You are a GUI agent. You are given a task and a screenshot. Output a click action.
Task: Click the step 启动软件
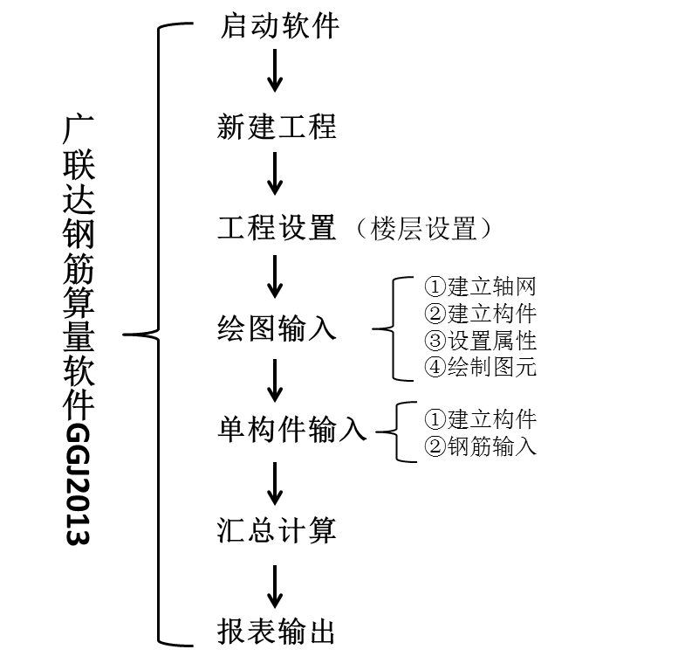point(277,26)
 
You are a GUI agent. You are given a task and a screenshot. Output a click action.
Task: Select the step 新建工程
point(277,128)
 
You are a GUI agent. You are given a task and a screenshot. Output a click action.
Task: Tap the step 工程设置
point(277,229)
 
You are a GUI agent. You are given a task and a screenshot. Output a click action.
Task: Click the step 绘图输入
point(277,329)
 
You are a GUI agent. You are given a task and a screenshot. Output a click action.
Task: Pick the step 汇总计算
point(277,531)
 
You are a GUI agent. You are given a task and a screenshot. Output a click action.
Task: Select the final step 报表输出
point(277,632)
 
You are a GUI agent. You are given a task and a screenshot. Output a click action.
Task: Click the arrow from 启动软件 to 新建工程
point(276,72)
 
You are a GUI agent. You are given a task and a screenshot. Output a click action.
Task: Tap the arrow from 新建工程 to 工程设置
point(276,173)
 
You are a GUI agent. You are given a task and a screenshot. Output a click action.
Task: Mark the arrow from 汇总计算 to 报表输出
point(276,586)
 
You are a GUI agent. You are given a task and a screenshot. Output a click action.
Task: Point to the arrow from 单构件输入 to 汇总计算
point(276,485)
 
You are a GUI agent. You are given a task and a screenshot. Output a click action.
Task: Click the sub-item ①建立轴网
point(480,287)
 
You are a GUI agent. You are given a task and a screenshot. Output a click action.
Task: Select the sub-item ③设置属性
point(480,340)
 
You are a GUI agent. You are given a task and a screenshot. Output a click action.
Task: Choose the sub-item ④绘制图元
point(480,366)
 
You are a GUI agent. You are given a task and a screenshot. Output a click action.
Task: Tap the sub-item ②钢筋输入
point(480,446)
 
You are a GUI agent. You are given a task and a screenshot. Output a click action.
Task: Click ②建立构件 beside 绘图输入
point(480,313)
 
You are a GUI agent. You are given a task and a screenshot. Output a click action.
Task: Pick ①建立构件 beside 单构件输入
point(480,419)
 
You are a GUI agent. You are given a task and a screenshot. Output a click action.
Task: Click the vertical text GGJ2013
point(79,485)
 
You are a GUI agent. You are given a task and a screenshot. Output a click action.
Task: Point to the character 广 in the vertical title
point(79,128)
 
